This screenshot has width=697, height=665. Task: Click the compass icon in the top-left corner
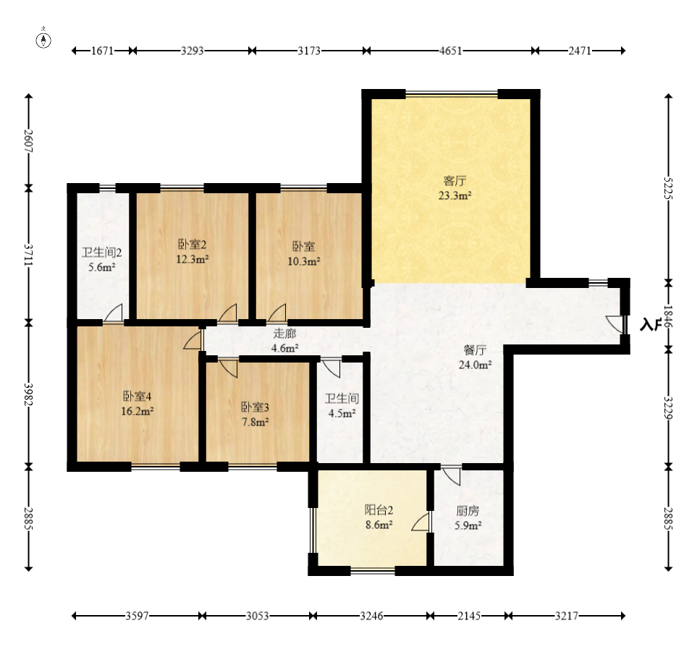coord(43,40)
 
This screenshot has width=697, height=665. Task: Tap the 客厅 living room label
coord(455,181)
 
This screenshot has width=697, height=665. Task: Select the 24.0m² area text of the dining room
coord(476,365)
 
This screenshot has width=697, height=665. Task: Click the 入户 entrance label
coord(650,324)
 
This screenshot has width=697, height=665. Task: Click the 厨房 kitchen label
coord(468,511)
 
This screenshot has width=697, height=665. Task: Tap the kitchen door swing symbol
coord(451,475)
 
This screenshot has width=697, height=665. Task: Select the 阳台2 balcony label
coord(379,510)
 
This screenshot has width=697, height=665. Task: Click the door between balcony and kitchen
coord(421,522)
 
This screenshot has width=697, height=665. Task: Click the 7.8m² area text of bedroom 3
coord(255,422)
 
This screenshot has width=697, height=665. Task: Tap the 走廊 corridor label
coord(284,334)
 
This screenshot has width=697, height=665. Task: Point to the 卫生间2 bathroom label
coord(102,253)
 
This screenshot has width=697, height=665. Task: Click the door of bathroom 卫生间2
coord(114,313)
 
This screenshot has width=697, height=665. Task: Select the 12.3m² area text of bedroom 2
coord(193,259)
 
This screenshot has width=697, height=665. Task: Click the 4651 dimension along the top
coord(451,51)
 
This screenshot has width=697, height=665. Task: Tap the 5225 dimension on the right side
coord(668,188)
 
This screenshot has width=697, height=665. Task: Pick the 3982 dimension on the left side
coord(28,394)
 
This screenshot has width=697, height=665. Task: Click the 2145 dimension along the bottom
coord(470,616)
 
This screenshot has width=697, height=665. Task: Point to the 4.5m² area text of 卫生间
coord(342,413)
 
